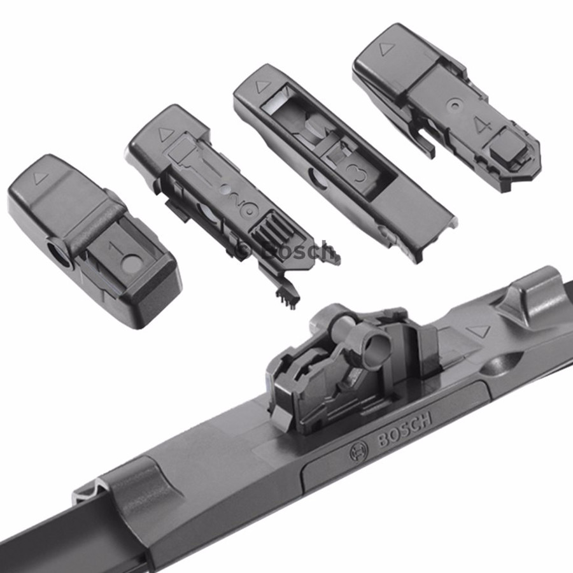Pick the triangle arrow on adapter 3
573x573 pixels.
(x=262, y=87)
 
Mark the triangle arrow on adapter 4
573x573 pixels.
(x=385, y=48)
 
